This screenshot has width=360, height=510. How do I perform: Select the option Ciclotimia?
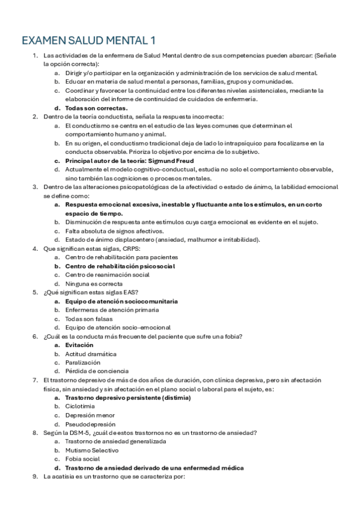click(80, 407)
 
